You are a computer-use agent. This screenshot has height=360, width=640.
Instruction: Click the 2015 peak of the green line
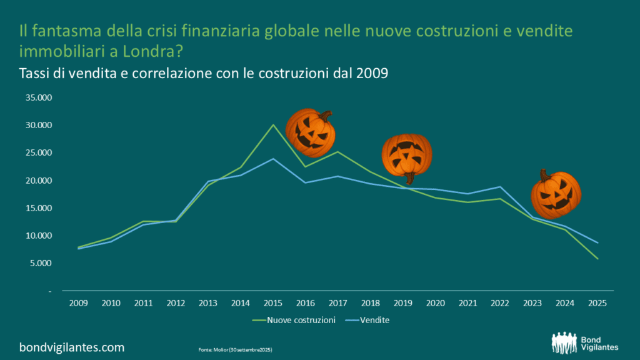(x=272, y=125)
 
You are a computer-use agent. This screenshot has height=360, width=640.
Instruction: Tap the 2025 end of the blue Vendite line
(x=598, y=242)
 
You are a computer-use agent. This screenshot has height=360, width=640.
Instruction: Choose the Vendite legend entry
(x=373, y=321)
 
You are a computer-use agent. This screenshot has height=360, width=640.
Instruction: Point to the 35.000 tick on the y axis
(x=38, y=98)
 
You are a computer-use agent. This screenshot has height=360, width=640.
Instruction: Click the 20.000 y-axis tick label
(x=38, y=181)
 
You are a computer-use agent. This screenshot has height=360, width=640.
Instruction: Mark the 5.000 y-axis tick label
(x=41, y=263)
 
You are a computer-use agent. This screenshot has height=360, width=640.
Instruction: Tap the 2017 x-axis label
(x=337, y=303)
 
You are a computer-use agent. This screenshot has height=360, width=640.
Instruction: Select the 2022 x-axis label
(x=501, y=303)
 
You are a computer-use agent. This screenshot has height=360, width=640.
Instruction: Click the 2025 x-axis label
(x=598, y=303)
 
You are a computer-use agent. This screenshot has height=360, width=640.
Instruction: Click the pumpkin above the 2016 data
(x=311, y=132)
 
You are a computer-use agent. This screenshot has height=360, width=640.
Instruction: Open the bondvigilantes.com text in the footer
(x=72, y=347)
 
